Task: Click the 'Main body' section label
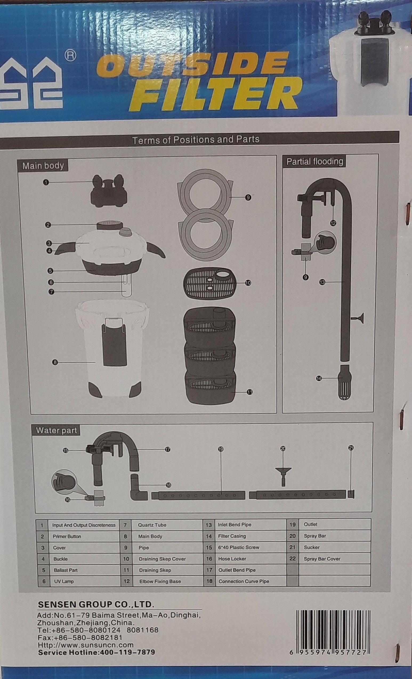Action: pyautogui.click(x=43, y=166)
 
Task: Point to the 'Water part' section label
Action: pyautogui.click(x=56, y=430)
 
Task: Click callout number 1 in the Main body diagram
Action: pyautogui.click(x=46, y=182)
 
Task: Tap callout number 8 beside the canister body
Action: pyautogui.click(x=55, y=362)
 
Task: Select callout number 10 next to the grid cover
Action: pyautogui.click(x=248, y=283)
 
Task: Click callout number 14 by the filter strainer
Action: pyautogui.click(x=319, y=378)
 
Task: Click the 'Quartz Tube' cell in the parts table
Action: pyautogui.click(x=152, y=525)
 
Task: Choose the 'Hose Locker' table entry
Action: pyautogui.click(x=232, y=559)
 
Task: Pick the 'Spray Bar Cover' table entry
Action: pyautogui.click(x=322, y=559)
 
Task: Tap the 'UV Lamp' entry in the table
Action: pyautogui.click(x=64, y=581)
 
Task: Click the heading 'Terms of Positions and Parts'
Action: pyautogui.click(x=196, y=140)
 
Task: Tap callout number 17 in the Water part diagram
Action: pyautogui.click(x=167, y=450)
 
